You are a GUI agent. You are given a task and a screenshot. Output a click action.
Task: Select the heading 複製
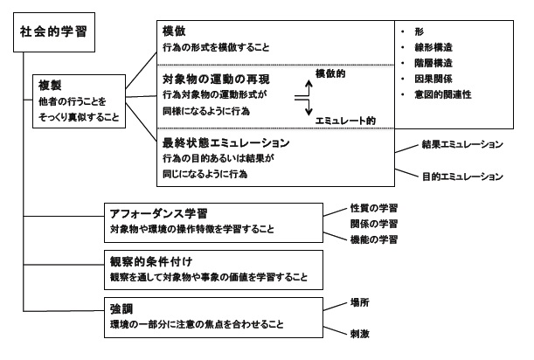(50, 85)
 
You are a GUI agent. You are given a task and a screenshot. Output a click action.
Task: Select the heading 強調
(121, 308)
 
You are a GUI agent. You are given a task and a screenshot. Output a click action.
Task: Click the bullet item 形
(421, 28)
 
